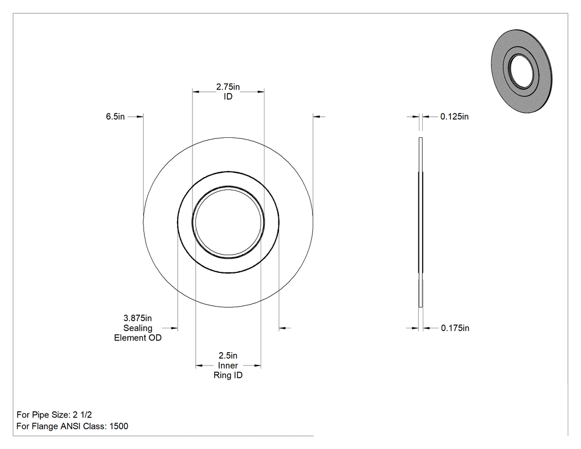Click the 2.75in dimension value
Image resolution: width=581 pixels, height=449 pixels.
point(228,87)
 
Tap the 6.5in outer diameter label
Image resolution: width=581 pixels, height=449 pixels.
point(115,116)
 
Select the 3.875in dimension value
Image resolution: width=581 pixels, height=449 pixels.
point(137,318)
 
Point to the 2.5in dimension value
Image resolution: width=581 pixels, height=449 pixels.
point(228,355)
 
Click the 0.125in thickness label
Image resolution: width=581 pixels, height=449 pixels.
point(454,116)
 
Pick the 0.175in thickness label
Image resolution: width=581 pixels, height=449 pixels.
point(455,328)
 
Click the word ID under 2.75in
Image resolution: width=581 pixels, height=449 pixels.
point(228,96)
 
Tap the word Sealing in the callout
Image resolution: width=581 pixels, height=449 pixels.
point(138,328)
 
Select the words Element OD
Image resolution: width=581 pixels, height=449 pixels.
point(138,338)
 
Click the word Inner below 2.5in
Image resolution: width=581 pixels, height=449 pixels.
point(228,365)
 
